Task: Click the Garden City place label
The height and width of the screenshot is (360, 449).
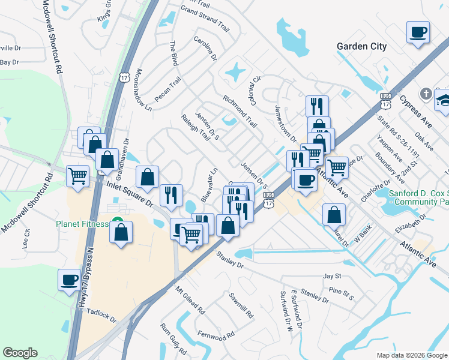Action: pyautogui.click(x=361, y=46)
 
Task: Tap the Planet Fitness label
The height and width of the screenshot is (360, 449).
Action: pyautogui.click(x=82, y=224)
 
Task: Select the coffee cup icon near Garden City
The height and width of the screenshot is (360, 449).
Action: pyautogui.click(x=418, y=32)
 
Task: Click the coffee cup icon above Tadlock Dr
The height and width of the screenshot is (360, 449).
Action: pyautogui.click(x=69, y=279)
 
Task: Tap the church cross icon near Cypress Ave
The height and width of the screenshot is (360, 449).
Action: pyautogui.click(x=426, y=94)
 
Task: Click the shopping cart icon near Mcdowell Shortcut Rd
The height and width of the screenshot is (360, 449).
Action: pyautogui.click(x=77, y=176)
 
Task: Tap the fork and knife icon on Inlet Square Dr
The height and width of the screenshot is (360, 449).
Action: pyautogui.click(x=170, y=195)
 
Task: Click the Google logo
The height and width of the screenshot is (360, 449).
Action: pyautogui.click(x=20, y=353)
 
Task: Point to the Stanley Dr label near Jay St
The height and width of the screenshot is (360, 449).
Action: pyautogui.click(x=315, y=295)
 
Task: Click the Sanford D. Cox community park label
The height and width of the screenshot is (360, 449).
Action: pyautogui.click(x=418, y=198)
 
